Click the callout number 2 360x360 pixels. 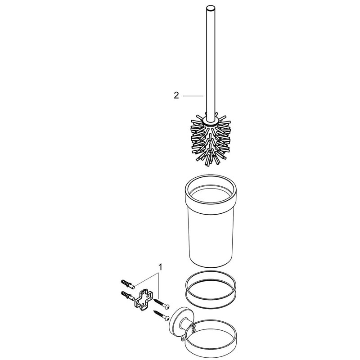[176, 95]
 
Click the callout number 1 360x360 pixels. [161, 267]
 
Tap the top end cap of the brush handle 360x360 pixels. [210, 8]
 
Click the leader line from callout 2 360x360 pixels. [193, 96]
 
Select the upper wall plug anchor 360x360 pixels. [127, 283]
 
